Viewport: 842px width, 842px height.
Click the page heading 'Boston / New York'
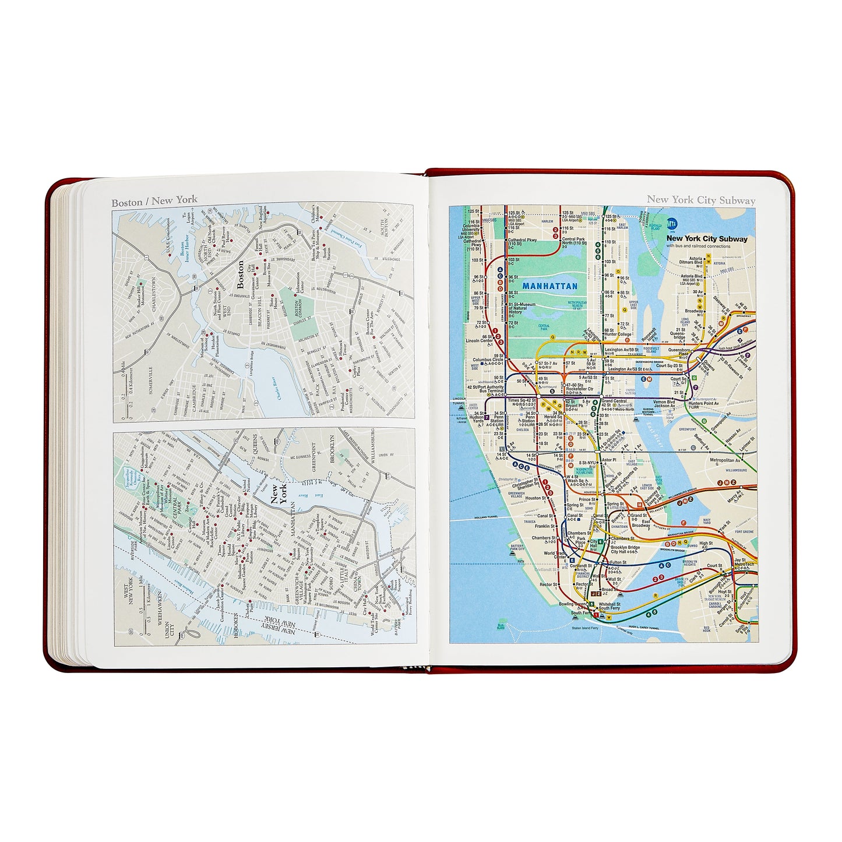click(x=154, y=202)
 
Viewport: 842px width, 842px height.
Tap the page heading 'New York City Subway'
click(x=700, y=200)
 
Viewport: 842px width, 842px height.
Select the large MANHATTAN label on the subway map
click(x=549, y=286)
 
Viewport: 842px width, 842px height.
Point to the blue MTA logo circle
click(x=672, y=223)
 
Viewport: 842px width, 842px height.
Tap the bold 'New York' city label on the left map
click(x=279, y=494)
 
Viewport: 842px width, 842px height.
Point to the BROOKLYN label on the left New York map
click(x=333, y=449)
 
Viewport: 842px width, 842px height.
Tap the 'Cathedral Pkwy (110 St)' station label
click(x=522, y=242)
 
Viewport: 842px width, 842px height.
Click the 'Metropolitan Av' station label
click(x=725, y=460)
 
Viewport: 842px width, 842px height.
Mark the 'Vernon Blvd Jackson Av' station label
click(x=664, y=404)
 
